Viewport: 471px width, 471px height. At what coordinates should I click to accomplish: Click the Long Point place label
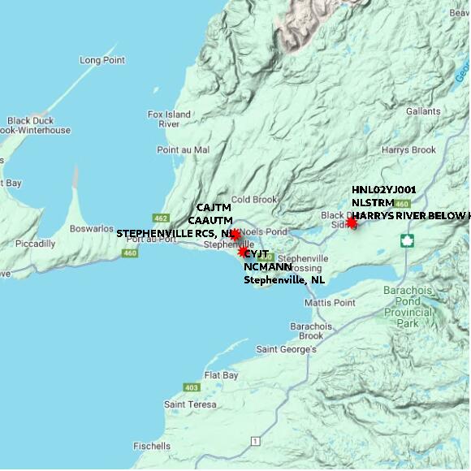pos(102,61)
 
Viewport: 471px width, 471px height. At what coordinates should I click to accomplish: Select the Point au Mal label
pos(183,150)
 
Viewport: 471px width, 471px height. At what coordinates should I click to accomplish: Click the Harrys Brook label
pos(408,150)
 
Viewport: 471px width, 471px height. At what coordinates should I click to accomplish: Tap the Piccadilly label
pos(33,244)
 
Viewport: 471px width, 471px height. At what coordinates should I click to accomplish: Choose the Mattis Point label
pos(330,303)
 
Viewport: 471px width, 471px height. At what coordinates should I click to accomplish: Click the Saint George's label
pos(286,350)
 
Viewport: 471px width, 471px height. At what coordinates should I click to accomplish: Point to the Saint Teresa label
pos(190,404)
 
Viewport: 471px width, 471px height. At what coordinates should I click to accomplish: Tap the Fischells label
pos(151,446)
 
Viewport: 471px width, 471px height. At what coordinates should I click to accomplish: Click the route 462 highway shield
pos(159,218)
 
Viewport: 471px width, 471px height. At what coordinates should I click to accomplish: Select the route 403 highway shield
pos(192,387)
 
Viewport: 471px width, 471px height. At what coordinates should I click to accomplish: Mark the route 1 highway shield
pos(255,441)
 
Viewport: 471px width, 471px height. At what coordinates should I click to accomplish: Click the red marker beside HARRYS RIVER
pos(352,223)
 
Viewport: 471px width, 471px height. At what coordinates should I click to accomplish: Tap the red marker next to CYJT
pos(242,252)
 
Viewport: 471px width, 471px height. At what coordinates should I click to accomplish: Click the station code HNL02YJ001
pos(384,189)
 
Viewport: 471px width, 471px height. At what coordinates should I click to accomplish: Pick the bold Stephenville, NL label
pos(285,280)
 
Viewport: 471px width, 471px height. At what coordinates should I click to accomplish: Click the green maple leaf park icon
pos(407,240)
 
